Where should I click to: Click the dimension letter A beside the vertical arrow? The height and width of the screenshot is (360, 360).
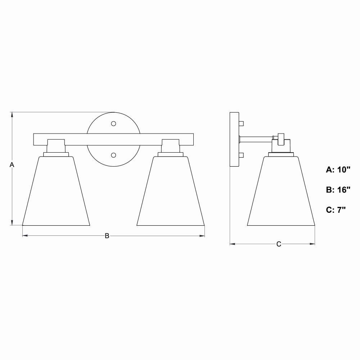(12, 165)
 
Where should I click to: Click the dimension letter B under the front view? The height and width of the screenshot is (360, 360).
(107, 236)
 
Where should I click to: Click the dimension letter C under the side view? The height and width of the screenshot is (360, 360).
(279, 244)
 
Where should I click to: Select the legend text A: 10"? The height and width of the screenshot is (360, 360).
(338, 170)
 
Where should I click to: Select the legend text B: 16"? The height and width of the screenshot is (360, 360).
(338, 190)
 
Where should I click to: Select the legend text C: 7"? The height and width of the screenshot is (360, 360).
(336, 210)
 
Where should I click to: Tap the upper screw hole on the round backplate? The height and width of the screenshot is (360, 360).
(113, 124)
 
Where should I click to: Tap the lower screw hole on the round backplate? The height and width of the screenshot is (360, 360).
(113, 155)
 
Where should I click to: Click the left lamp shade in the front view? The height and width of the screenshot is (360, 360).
(56, 191)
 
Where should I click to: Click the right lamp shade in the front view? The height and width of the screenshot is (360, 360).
(171, 191)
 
